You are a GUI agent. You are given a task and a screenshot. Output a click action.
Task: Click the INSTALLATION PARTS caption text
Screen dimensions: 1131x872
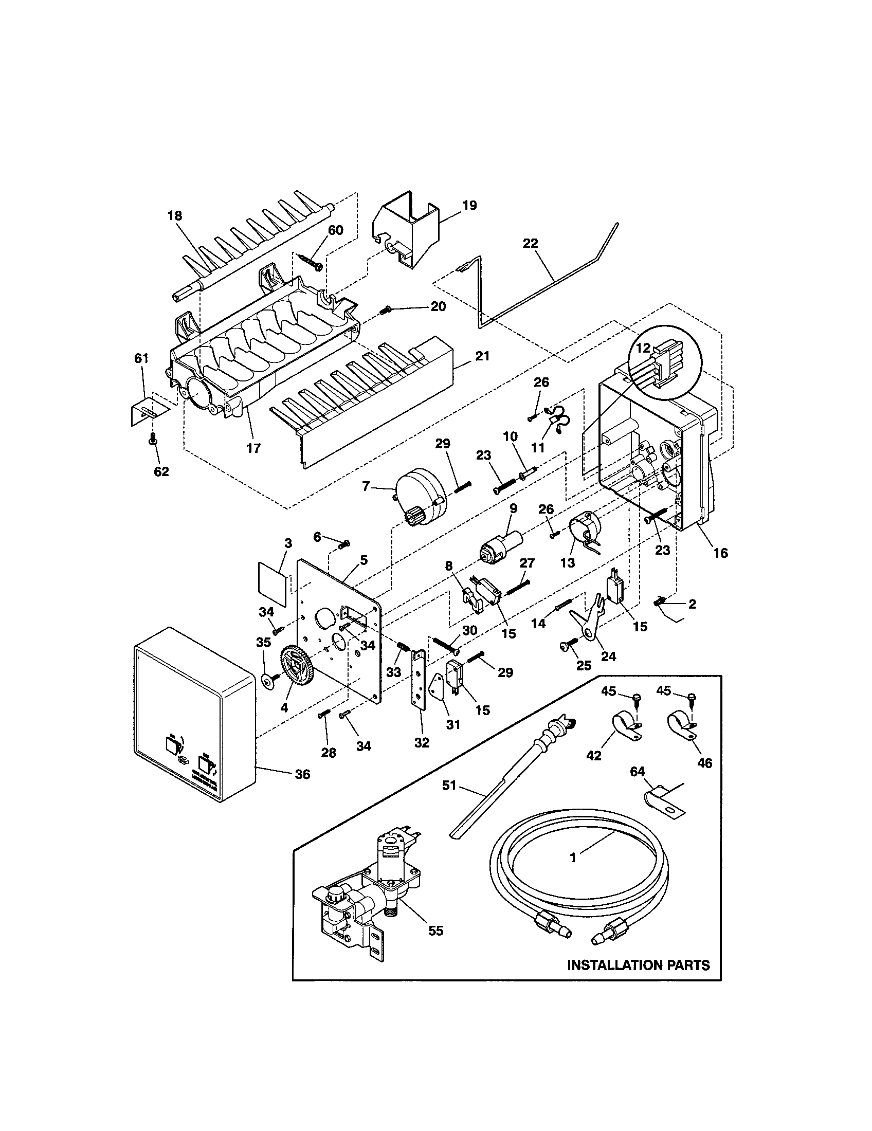coord(638,965)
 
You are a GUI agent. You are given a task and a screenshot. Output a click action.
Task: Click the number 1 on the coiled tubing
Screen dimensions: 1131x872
coord(573,858)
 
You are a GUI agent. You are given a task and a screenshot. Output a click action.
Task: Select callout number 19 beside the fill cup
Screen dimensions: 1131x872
coord(469,206)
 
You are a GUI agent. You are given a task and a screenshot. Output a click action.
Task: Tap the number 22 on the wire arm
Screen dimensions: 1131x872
coord(530,243)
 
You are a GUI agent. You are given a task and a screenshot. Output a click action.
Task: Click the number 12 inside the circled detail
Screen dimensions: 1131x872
coord(643,348)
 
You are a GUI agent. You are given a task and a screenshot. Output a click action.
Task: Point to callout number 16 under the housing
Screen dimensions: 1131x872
coord(720,553)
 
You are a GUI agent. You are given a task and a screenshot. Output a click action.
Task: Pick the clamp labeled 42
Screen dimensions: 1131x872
coord(625,726)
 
